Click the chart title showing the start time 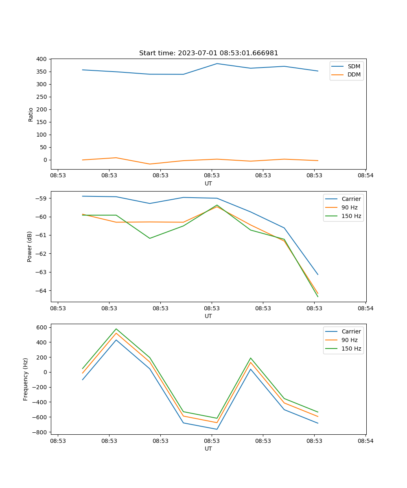208,53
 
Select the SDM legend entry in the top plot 354,66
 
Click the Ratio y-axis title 31,114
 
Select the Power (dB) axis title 30,246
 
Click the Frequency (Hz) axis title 26,379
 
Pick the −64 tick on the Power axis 42,290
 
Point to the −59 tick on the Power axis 42,198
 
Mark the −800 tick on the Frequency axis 41,432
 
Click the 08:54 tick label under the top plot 365,176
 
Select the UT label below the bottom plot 208,449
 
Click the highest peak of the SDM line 217,63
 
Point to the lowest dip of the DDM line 150,164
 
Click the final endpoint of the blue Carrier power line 318,274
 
